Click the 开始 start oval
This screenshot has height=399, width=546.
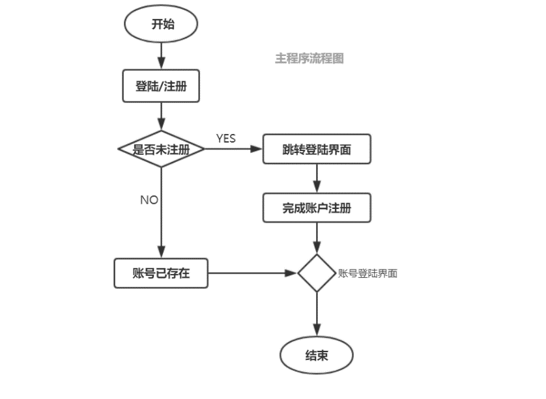[160, 25]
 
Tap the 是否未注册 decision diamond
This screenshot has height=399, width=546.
[161, 149]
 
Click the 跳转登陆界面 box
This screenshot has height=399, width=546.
[317, 149]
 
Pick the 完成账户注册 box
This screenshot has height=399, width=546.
[317, 208]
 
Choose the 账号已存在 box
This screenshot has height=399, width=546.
[161, 273]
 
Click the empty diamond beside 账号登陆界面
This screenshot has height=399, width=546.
[317, 273]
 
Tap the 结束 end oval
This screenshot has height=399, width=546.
[317, 355]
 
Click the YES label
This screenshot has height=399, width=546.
[225, 139]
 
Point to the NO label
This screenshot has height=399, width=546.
[149, 200]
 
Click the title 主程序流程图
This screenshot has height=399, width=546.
[309, 59]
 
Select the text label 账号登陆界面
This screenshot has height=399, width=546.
[368, 273]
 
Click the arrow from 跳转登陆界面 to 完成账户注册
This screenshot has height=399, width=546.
[317, 178]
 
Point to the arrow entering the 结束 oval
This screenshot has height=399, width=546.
[317, 316]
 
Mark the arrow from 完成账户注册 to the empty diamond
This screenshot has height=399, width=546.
[317, 238]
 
